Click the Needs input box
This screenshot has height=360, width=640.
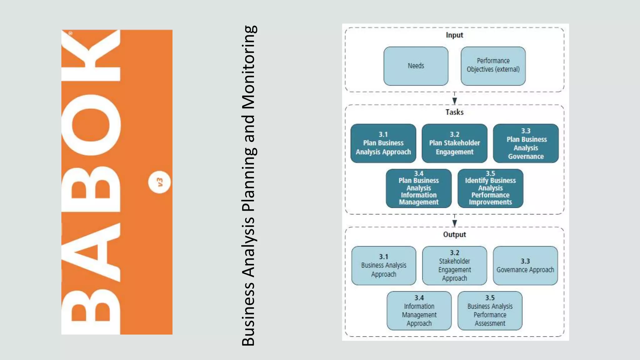pos(416,66)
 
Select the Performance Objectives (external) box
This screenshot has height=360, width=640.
pos(493,66)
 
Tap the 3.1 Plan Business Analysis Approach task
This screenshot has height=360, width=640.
pos(383,143)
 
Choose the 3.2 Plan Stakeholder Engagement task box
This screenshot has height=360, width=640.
pos(454,143)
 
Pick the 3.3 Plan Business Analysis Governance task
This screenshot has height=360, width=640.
pos(526,143)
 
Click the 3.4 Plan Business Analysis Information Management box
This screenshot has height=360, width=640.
pos(418,188)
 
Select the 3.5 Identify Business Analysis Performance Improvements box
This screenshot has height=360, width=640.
pos(490,188)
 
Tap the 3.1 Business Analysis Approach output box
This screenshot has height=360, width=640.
pos(383,265)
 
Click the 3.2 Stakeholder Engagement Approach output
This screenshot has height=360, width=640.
pos(454,265)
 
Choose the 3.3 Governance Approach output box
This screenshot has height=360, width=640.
pos(525,265)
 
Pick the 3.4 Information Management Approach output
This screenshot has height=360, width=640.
pos(419,311)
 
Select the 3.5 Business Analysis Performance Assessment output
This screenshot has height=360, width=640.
pos(490,311)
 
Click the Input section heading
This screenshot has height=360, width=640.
pos(454,35)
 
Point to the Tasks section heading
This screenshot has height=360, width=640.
pos(454,112)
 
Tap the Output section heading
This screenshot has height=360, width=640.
pos(454,234)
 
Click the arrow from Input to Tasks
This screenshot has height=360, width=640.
pos(454,99)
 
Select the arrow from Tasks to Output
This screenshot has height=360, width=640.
pos(454,222)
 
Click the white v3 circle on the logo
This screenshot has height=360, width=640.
pos(159,182)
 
